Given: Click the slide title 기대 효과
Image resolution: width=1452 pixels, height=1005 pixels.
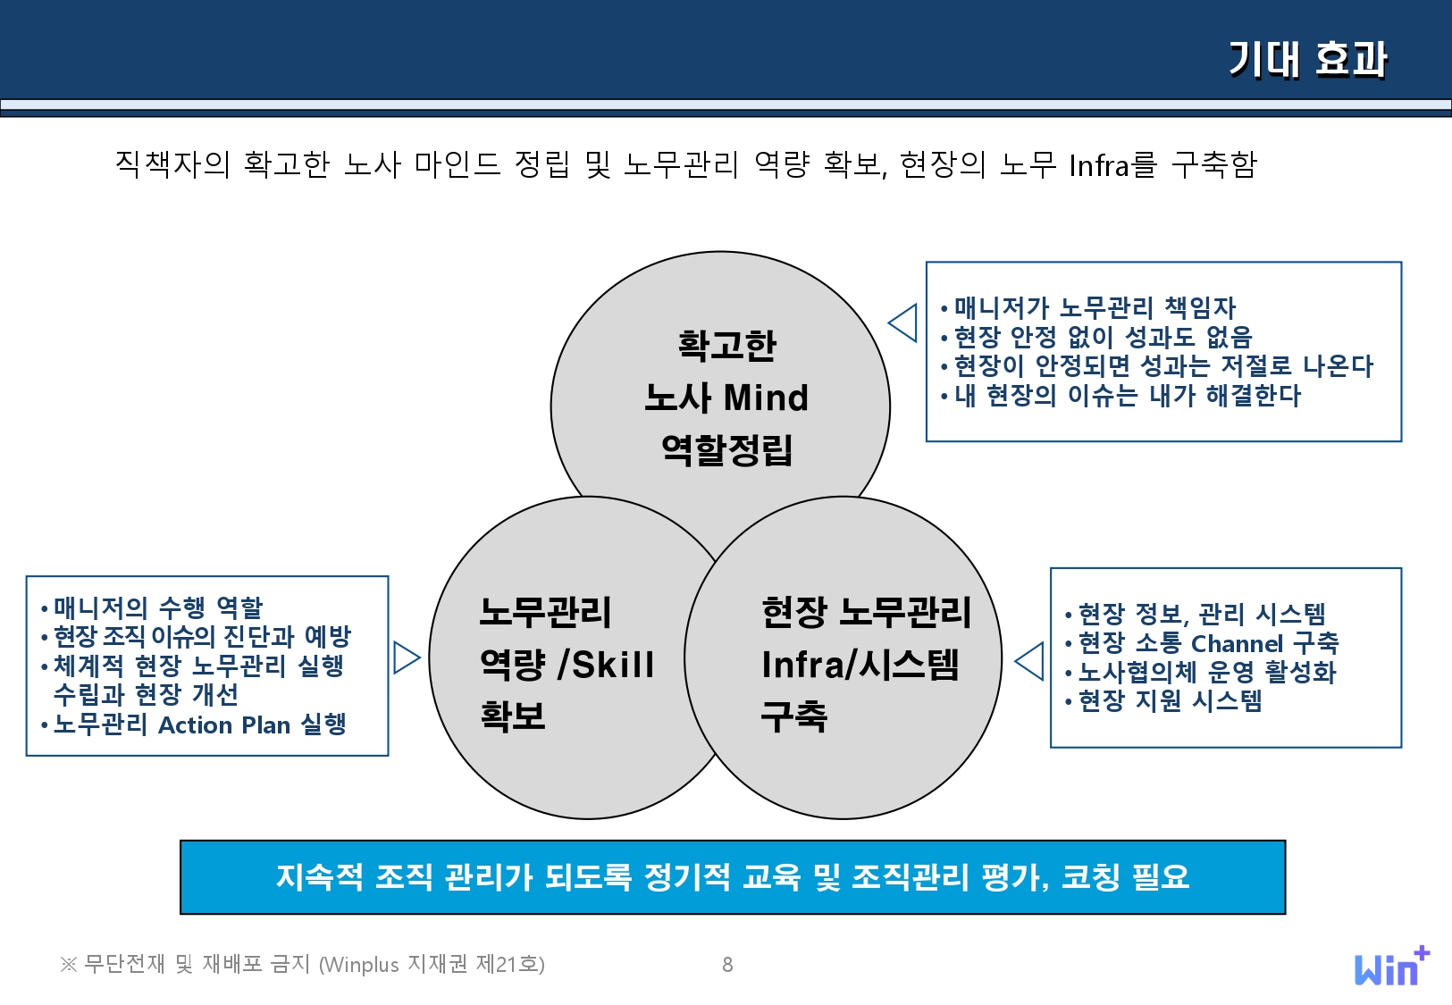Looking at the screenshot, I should coord(1307,59).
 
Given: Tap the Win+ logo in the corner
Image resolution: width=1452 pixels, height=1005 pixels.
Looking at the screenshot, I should coord(1391,967).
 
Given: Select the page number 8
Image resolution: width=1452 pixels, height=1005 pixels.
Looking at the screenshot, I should coord(727,965).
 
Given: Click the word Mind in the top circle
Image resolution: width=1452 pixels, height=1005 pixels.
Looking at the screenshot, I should coord(766,398).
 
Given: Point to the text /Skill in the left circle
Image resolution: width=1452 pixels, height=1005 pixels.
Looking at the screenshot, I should coord(607,665).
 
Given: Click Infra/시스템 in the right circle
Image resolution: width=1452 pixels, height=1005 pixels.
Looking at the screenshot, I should coord(860,665).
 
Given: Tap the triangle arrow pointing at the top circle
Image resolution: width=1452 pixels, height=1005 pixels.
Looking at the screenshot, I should coord(903,322).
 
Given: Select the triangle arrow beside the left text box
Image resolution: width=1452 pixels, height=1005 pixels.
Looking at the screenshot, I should coord(406,657).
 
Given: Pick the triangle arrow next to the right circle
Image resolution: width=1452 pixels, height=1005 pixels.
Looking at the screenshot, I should coord(1030,661).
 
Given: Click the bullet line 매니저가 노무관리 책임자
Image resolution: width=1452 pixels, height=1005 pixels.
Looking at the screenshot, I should coord(1094,308).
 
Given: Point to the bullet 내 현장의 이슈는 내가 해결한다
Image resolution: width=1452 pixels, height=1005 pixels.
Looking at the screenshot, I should coord(1127,395).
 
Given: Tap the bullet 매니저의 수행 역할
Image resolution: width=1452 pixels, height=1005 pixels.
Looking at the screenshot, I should coord(157,607).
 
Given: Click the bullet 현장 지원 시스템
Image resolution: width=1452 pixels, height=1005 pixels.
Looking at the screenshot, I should coord(1170,700).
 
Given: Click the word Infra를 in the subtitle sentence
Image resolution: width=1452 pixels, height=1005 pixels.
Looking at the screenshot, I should coord(1112,165).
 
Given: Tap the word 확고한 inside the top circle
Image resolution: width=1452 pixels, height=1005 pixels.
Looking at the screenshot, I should coord(726,345).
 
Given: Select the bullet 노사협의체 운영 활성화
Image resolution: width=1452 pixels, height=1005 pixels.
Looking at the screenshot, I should coord(1206,672).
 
